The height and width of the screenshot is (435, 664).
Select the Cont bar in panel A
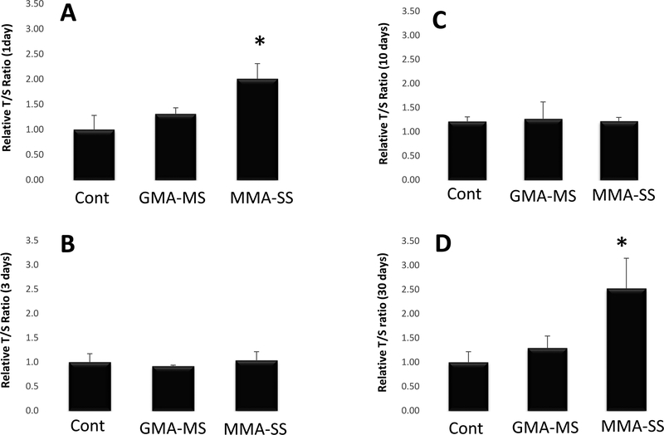coord(94,154)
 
